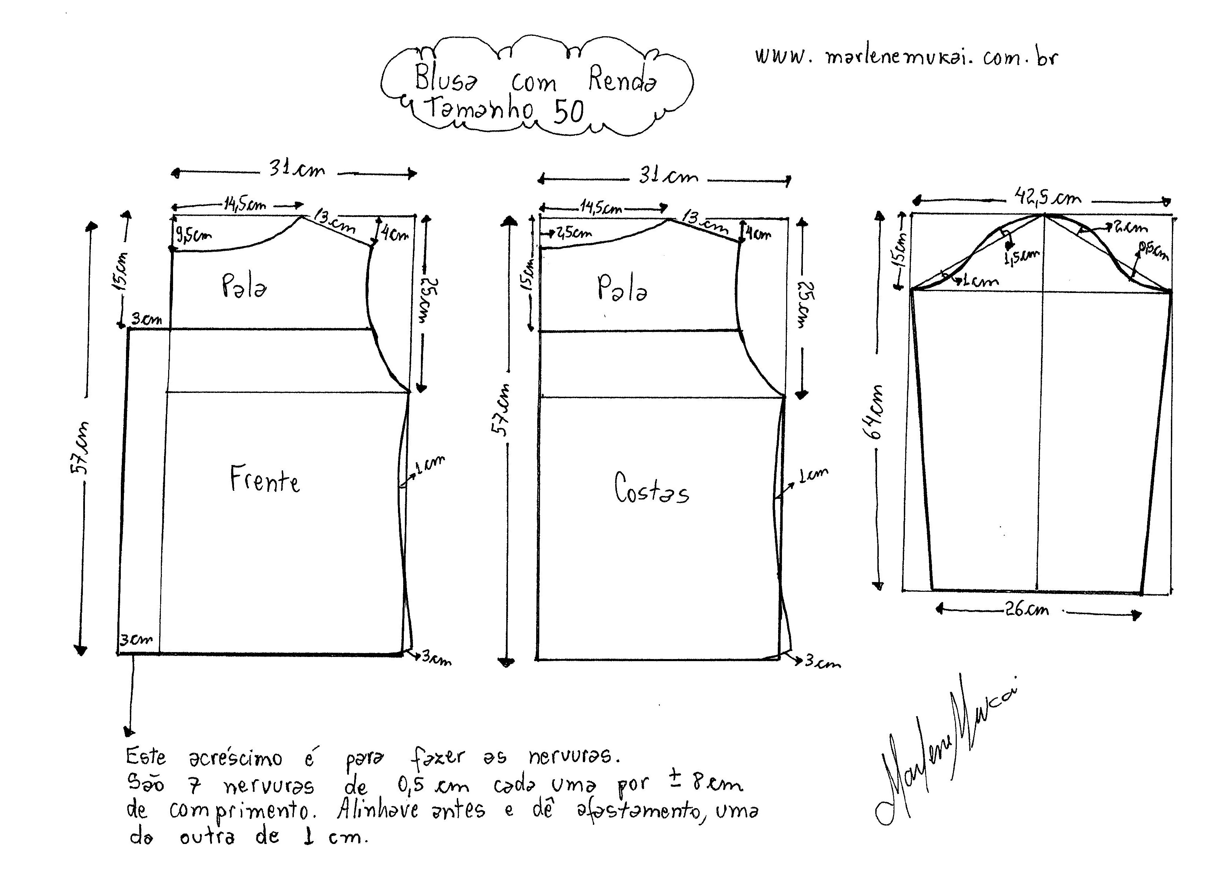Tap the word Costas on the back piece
click(x=651, y=489)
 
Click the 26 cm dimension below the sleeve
click(x=1027, y=610)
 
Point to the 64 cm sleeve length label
click(x=875, y=412)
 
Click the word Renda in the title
click(x=622, y=80)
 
